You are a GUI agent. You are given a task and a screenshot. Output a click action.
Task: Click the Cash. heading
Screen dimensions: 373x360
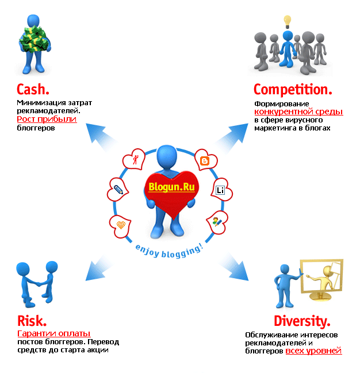pos(33,90)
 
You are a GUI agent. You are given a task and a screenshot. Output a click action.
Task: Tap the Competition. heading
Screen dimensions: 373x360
pos(293,90)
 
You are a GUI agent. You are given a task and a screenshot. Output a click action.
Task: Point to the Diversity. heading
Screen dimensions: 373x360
pos(301,321)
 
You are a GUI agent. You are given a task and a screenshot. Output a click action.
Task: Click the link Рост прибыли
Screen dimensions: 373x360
pos(47,120)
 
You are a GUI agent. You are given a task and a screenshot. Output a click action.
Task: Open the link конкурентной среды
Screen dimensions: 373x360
pos(298,111)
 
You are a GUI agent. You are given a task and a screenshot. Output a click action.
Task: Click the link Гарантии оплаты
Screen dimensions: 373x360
pos(54,333)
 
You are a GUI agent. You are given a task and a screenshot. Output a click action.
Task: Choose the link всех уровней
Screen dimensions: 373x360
pos(313,351)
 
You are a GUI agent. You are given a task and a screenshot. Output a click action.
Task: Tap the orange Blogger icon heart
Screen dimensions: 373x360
pos(204,161)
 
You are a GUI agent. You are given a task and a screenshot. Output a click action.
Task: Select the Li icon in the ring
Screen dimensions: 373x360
pos(220,190)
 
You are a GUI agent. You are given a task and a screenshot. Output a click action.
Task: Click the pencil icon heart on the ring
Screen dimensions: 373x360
pos(118,189)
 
